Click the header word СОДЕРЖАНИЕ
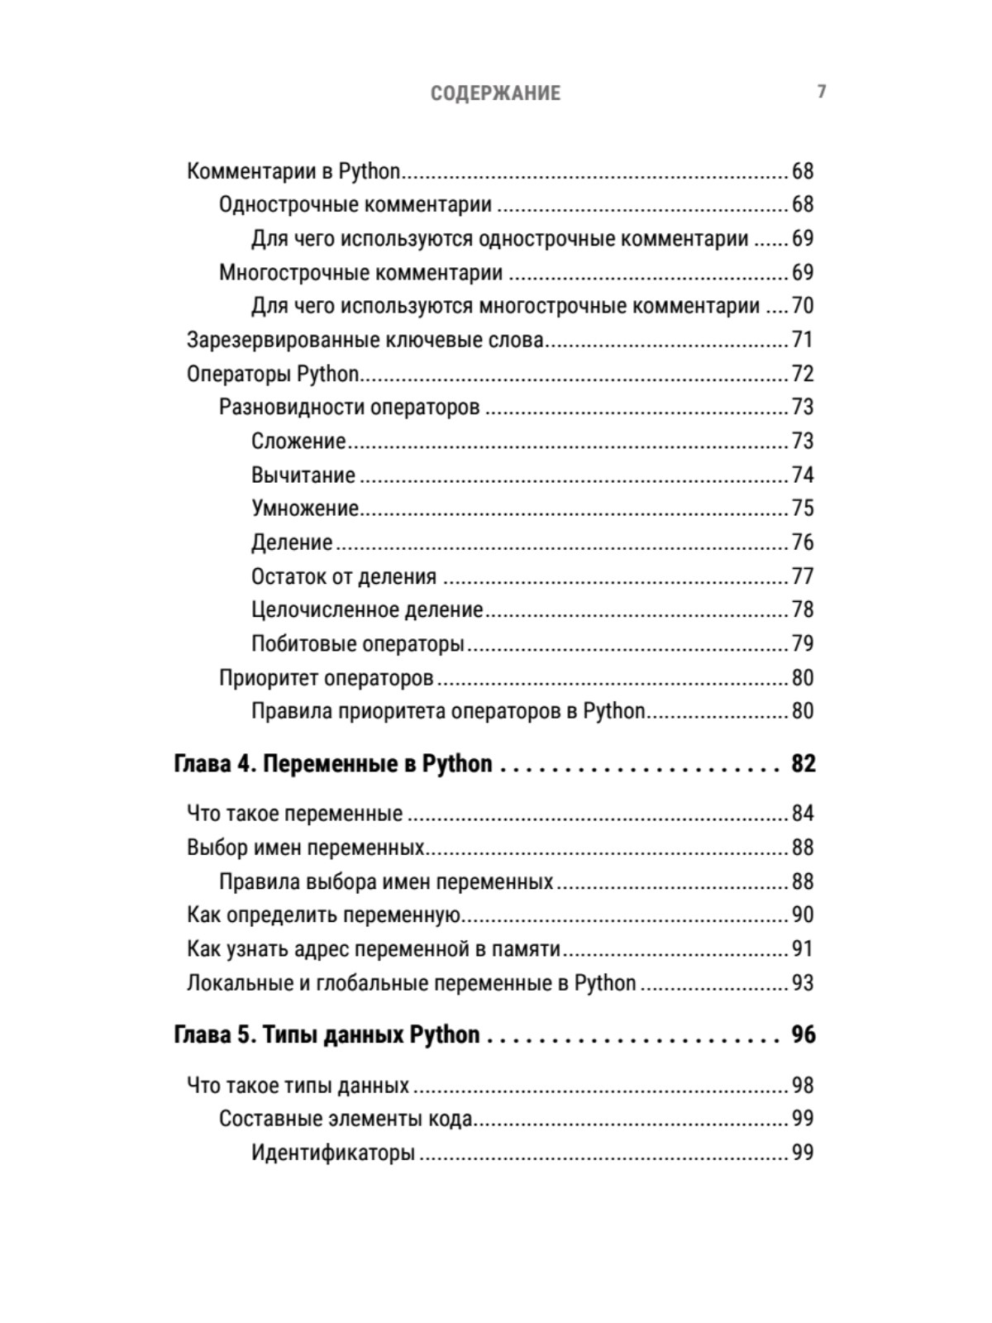pyautogui.click(x=495, y=93)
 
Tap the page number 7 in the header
pyautogui.click(x=822, y=92)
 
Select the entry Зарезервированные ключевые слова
pyautogui.click(x=365, y=340)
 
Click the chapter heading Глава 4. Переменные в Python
pyautogui.click(x=333, y=763)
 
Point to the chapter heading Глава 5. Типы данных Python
pyautogui.click(x=327, y=1035)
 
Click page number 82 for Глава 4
pyautogui.click(x=803, y=763)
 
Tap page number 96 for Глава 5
pyautogui.click(x=803, y=1035)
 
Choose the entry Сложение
pyautogui.click(x=298, y=442)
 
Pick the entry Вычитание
pyautogui.click(x=303, y=475)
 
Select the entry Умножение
pyautogui.click(x=305, y=509)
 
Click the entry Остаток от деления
pyautogui.click(x=344, y=576)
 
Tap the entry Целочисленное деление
pyautogui.click(x=367, y=610)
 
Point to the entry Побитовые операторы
pyautogui.click(x=358, y=644)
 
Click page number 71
pyautogui.click(x=802, y=340)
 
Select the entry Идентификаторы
pyautogui.click(x=333, y=1153)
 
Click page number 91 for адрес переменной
pyautogui.click(x=802, y=949)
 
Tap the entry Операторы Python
pyautogui.click(x=273, y=374)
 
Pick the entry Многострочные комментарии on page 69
pyautogui.click(x=360, y=273)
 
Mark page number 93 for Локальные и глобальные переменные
pyautogui.click(x=802, y=983)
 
